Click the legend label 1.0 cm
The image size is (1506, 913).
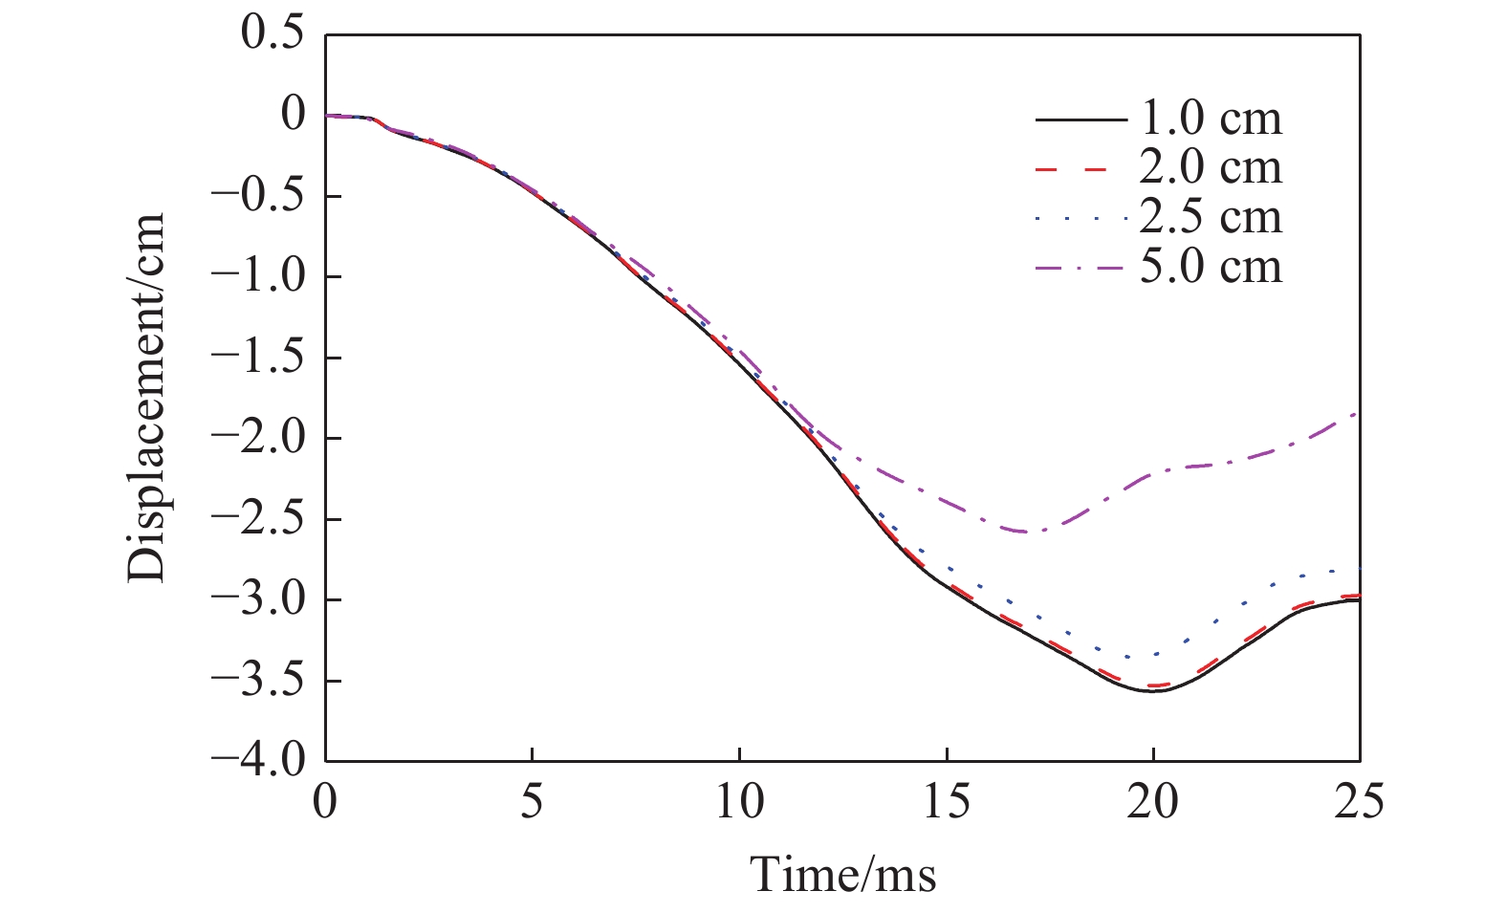coord(1210,120)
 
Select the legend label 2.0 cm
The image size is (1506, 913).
coord(1210,168)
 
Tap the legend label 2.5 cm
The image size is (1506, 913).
coord(1210,218)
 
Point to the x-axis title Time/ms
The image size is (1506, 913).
coord(842,874)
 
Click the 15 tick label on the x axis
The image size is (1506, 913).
coord(946,801)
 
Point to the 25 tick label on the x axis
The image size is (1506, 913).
coord(1359,801)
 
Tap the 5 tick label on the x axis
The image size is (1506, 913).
coord(533,801)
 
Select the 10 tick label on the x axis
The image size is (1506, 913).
coord(739,801)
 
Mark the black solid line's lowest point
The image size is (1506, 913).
coord(1153,690)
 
